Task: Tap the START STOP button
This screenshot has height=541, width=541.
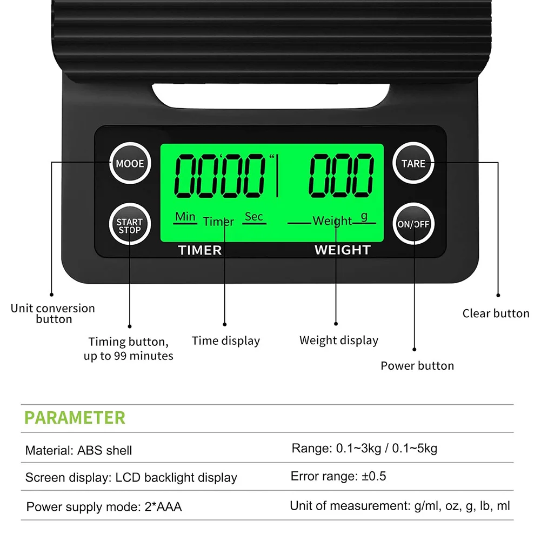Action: coord(129,225)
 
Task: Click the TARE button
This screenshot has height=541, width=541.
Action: coord(413,163)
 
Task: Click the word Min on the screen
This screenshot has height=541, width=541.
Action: coord(185,217)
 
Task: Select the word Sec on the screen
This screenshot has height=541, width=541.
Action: coord(253,217)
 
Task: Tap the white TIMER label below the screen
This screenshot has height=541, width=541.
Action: coord(200,250)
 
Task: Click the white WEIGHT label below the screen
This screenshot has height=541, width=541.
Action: coord(343,250)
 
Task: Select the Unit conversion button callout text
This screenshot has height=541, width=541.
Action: coord(53,313)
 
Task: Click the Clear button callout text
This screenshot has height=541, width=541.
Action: coord(496,313)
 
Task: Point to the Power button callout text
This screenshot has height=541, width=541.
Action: coord(417,365)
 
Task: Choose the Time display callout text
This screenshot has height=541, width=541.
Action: coord(226,340)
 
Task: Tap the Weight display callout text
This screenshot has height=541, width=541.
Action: coord(339,340)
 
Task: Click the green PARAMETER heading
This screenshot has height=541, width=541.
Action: coord(75,418)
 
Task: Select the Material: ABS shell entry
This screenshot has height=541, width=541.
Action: coord(78,450)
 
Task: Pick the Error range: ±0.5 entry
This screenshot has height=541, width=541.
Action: coord(338,476)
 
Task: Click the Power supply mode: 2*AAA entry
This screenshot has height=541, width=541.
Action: coord(104,507)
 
